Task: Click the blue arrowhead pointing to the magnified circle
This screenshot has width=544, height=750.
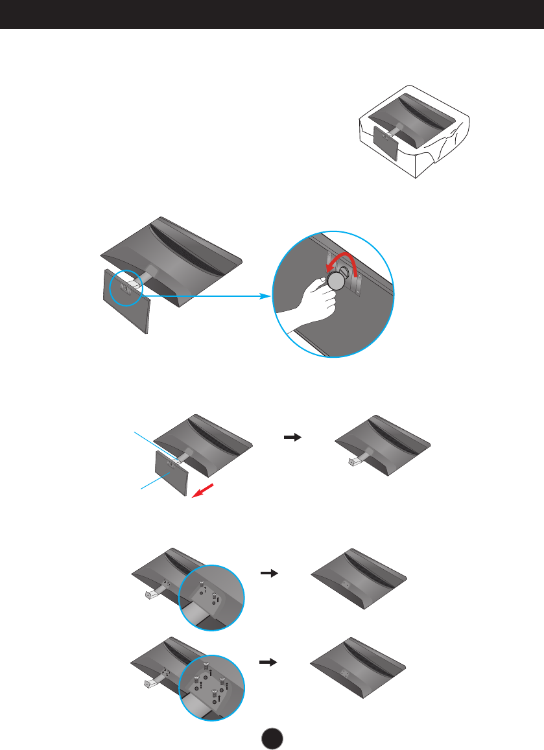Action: (x=265, y=296)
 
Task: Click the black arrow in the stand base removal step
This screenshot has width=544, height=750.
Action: (x=293, y=438)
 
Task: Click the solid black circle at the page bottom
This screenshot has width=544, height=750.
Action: (x=273, y=737)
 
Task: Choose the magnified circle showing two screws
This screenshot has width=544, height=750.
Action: (x=211, y=596)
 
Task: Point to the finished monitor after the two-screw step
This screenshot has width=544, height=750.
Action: (x=359, y=579)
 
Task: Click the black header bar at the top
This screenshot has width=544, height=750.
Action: (x=272, y=14)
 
